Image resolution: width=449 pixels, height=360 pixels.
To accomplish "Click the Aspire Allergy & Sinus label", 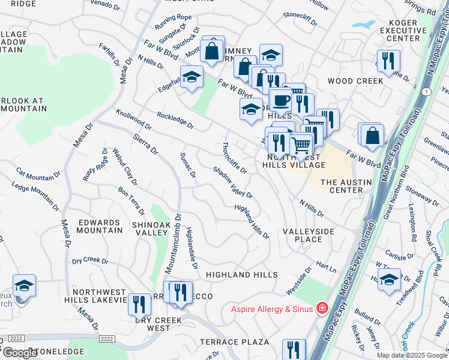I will tap(274, 309).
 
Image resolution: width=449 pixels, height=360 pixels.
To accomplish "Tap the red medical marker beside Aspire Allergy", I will tap(322, 309).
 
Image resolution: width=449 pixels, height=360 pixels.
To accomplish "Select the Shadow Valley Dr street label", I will tap(232, 182).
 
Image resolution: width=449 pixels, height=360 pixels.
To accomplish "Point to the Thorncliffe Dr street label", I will tap(234, 157).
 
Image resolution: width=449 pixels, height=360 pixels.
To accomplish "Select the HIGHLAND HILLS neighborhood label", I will tap(241, 274).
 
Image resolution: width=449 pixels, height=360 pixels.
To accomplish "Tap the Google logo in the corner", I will tap(19, 353).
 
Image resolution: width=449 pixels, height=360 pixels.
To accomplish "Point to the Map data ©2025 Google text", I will tap(412, 355).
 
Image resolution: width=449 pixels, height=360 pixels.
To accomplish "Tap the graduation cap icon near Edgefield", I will tap(191, 78).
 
